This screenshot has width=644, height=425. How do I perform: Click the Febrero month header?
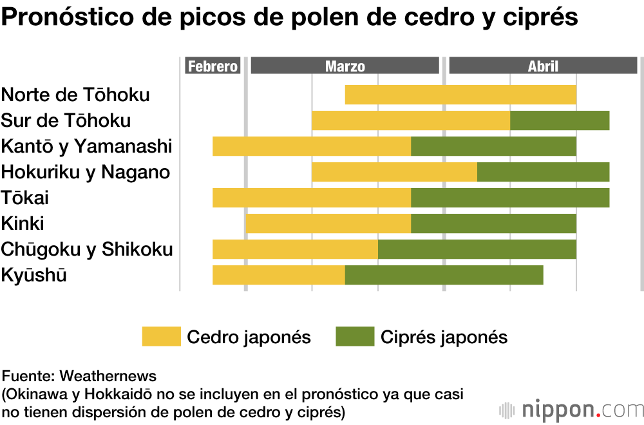[213, 66]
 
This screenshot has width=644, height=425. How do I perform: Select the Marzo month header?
[345, 66]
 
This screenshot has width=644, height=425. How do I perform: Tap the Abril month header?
[543, 66]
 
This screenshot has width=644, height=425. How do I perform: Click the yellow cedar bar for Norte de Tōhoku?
[460, 95]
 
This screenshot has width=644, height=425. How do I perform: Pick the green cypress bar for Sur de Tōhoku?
[560, 120]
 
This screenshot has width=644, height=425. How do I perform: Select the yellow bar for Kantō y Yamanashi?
[312, 146]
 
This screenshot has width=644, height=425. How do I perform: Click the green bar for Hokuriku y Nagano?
[543, 172]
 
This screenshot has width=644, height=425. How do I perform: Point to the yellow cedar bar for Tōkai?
[312, 198]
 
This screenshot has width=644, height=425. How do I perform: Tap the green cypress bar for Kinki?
[493, 223]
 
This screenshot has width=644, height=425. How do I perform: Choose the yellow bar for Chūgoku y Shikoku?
[295, 249]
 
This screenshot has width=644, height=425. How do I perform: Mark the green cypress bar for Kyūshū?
[444, 275]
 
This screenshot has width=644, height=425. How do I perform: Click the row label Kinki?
[23, 223]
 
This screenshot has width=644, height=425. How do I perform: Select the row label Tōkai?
[24, 198]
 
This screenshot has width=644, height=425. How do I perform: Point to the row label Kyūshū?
[33, 276]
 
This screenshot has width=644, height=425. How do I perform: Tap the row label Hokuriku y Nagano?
[85, 172]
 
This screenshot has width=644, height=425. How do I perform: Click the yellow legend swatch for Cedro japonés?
[161, 337]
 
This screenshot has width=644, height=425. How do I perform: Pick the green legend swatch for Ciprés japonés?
[355, 337]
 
